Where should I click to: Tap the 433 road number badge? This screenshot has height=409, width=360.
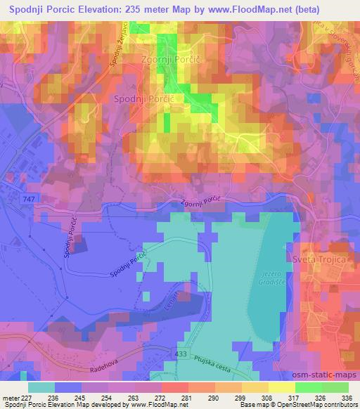pos(181,356)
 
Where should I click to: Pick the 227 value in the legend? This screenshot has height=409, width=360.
pos(27,398)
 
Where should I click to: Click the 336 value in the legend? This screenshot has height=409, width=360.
pos(345,398)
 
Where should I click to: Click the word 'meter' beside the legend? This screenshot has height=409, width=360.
pos(10,398)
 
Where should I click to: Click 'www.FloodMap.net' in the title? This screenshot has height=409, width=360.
pos(238,9)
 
